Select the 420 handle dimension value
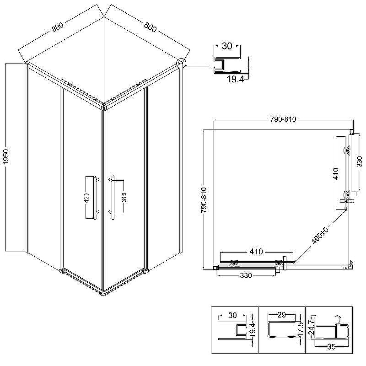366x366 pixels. (86, 198)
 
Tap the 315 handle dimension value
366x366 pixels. (124, 197)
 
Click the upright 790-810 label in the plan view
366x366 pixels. (283, 119)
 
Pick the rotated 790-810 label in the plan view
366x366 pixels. (204, 200)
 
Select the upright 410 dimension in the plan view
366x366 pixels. (256, 252)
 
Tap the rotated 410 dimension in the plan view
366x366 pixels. (336, 173)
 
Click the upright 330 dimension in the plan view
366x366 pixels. (246, 276)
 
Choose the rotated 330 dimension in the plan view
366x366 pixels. (360, 161)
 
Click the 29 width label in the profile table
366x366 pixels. (281, 315)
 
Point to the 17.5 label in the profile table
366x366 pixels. (301, 329)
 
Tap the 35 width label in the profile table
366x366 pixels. (331, 347)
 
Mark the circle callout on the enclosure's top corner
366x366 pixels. (181, 63)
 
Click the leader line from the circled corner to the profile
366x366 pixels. (197, 66)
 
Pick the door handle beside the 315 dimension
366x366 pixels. (112, 198)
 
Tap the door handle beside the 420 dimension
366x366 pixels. (96, 197)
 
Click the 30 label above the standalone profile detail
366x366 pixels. (227, 46)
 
